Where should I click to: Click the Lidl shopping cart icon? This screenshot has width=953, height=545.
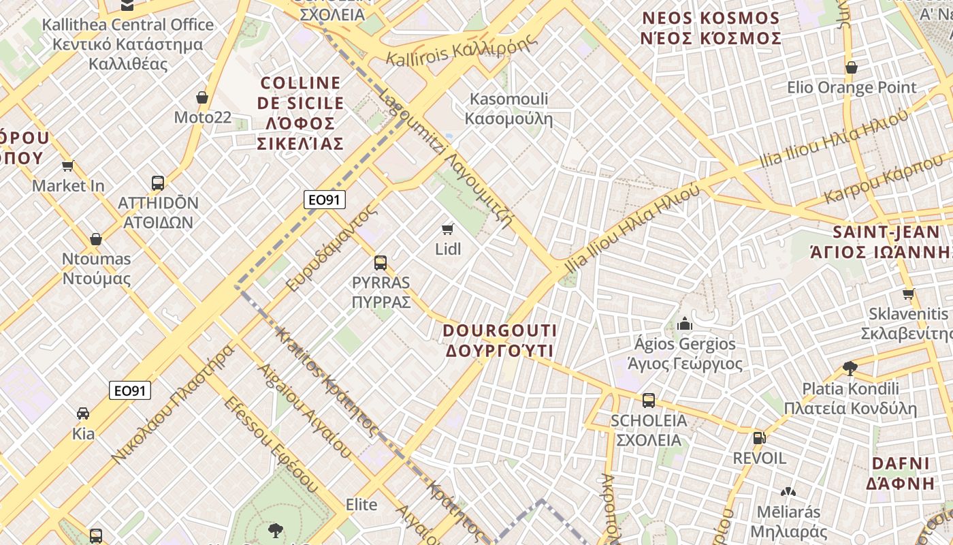click(447, 229)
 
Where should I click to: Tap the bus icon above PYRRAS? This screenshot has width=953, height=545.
click(381, 262)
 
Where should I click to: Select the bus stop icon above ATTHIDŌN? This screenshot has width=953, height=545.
click(158, 183)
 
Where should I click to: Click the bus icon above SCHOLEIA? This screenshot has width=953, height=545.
click(648, 401)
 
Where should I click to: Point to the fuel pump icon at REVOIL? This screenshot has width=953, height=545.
click(759, 437)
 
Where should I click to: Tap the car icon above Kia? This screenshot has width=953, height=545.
click(83, 413)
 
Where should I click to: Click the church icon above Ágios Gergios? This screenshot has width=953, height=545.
click(685, 324)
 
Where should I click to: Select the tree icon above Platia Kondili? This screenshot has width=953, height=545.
click(850, 369)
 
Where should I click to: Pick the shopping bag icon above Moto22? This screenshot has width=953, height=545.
click(202, 97)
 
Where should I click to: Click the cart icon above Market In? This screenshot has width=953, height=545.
click(67, 166)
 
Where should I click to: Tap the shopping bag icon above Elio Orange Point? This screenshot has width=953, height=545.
click(851, 67)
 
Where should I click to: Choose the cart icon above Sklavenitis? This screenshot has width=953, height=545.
click(908, 294)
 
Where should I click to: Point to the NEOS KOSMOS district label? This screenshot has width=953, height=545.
click(711, 28)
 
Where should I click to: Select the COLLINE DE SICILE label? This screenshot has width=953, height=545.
click(301, 113)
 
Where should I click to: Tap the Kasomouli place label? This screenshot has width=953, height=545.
click(508, 109)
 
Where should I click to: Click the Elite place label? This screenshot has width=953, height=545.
click(361, 505)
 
